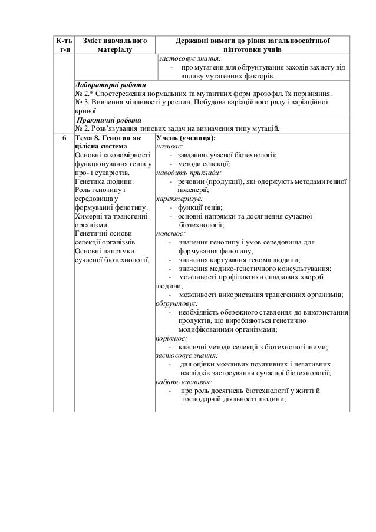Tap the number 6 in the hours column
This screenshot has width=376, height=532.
63,138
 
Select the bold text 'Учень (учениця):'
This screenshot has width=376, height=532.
186,138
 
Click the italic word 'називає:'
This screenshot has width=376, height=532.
170,147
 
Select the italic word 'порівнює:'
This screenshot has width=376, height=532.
171,339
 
